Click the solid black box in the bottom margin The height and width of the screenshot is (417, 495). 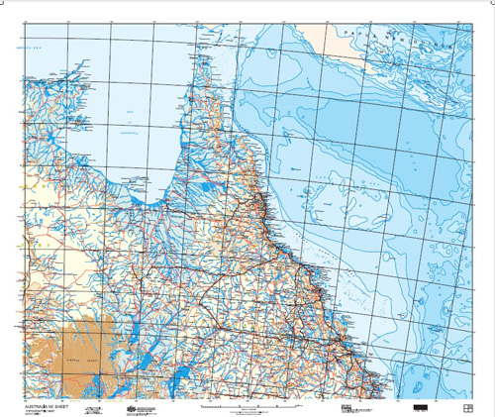[x=421, y=407]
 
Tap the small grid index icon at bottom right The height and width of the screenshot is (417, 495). [x=468, y=407]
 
